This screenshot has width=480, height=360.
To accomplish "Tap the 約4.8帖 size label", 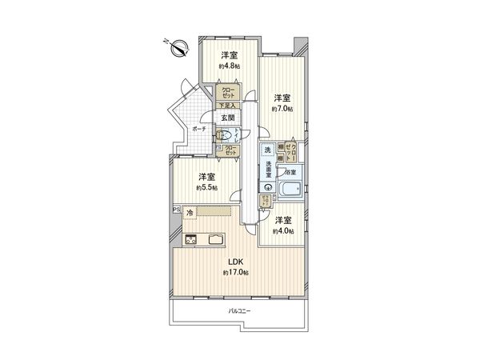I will pyautogui.click(x=229, y=66).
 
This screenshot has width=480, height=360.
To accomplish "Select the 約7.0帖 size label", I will pyautogui.click(x=282, y=107).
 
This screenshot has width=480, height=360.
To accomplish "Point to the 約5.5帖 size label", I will pyautogui.click(x=207, y=188).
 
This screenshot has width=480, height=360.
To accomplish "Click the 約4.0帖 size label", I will pyautogui.click(x=282, y=231).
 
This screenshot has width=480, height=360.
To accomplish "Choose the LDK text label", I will pyautogui.click(x=235, y=262).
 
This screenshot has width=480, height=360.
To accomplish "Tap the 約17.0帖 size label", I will pyautogui.click(x=235, y=273).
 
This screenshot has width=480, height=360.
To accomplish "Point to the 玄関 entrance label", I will pyautogui.click(x=229, y=118).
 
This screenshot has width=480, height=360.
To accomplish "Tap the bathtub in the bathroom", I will pyautogui.click(x=290, y=192).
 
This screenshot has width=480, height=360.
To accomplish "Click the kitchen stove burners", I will pyautogui.click(x=191, y=238).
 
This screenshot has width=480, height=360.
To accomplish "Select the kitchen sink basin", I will pyautogui.click(x=217, y=238).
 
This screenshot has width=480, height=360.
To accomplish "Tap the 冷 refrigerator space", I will pyautogui.click(x=190, y=212).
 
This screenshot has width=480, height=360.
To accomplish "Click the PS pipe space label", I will pyautogui.click(x=175, y=210).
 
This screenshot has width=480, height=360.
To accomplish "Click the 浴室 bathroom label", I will pyautogui.click(x=292, y=172).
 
